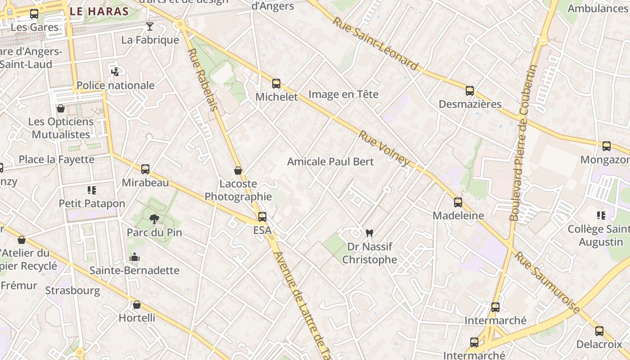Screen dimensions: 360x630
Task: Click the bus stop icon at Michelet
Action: tap(276, 84)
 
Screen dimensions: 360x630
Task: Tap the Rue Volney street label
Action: tap(384, 148)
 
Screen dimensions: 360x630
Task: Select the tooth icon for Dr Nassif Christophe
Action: tap(369, 233)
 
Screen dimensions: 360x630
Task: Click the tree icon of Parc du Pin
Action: tap(154, 219)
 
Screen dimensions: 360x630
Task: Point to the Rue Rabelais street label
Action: tap(202, 79)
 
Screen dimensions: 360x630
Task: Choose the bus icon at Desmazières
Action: tap(470, 91)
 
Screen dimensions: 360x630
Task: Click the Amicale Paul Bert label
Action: tap(330, 161)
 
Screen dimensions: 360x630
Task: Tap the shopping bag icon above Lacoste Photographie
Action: tap(238, 171)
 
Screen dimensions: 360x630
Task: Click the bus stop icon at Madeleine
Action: tap(458, 202)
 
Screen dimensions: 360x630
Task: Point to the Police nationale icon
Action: tap(115, 72)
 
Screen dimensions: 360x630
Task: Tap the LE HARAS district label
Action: tap(100, 11)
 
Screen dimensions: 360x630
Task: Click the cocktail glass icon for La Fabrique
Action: tap(150, 27)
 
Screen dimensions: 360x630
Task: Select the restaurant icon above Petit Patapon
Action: tap(92, 190)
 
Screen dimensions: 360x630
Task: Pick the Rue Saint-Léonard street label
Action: tap(376, 44)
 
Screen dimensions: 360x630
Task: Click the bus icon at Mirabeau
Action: tap(145, 169)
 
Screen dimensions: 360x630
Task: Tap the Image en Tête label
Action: tap(343, 94)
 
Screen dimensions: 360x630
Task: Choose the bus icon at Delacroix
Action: tap(599, 331)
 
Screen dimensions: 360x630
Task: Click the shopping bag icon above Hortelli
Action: tap(137, 305)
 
